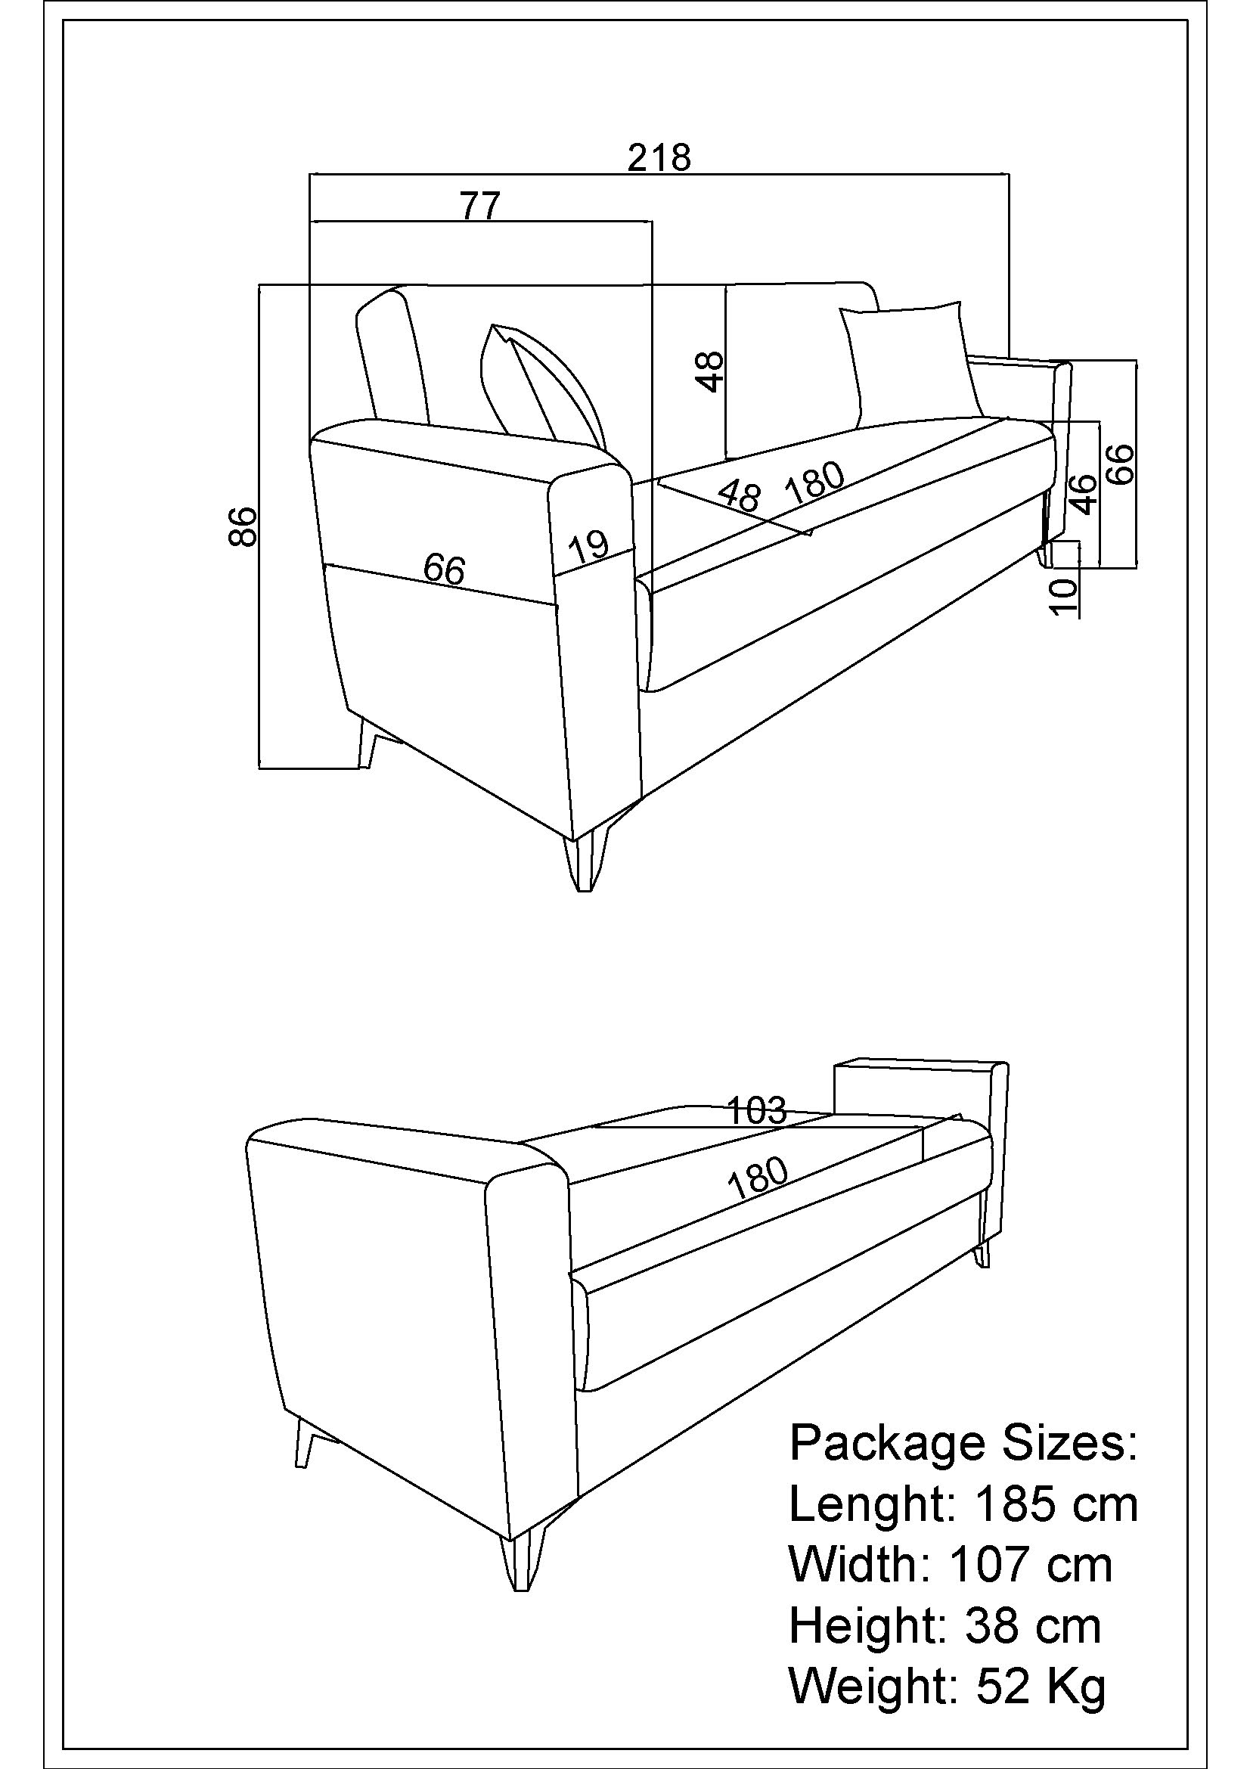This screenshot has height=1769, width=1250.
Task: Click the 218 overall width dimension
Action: pyautogui.click(x=659, y=158)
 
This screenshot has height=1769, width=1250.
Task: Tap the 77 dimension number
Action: pyautogui.click(x=481, y=206)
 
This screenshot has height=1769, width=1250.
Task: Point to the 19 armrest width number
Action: pyautogui.click(x=589, y=546)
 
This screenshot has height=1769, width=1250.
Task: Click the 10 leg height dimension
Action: pyautogui.click(x=1064, y=596)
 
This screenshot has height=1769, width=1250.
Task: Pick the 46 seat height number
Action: pyautogui.click(x=1084, y=494)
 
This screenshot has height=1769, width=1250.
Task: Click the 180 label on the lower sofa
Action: pyautogui.click(x=758, y=1178)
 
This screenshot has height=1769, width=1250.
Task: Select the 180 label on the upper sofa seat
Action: pyautogui.click(x=814, y=483)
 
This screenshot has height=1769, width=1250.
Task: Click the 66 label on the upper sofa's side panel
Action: pyautogui.click(x=445, y=569)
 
